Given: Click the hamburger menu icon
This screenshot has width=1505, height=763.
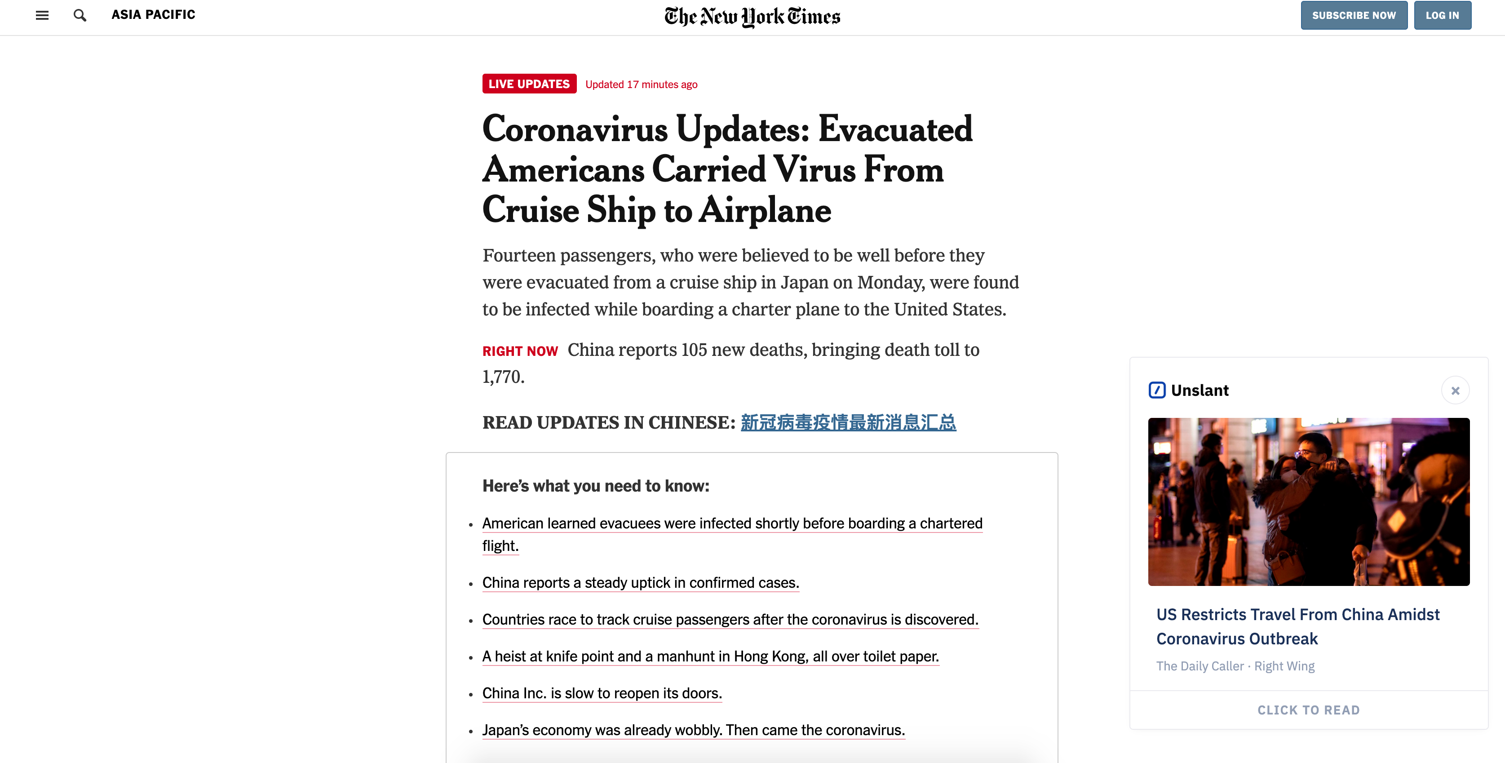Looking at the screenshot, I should [x=42, y=15].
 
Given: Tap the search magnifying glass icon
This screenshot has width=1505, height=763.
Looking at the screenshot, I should [x=80, y=15].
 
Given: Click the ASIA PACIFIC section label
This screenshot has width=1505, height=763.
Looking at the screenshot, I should [x=153, y=15].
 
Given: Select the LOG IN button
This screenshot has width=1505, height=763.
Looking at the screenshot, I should [x=1442, y=15].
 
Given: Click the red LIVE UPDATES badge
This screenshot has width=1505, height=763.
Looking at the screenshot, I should [x=529, y=84].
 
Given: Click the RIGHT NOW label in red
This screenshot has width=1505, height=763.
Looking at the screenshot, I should [x=520, y=351].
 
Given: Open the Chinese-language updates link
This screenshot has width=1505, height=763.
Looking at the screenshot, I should [x=848, y=422].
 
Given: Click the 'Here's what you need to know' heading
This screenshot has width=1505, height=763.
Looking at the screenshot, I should [x=595, y=486].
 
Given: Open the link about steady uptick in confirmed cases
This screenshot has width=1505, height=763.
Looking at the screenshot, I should [x=640, y=582].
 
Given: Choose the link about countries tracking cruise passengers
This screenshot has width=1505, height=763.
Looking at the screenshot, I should [x=730, y=619].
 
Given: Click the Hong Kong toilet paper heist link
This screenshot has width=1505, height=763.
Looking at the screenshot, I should [x=710, y=656].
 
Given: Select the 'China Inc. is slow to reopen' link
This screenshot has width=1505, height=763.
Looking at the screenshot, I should [x=602, y=693].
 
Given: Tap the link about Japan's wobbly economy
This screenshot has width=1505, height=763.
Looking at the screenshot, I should [x=693, y=730].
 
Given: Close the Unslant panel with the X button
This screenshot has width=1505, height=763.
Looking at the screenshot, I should [x=1455, y=390].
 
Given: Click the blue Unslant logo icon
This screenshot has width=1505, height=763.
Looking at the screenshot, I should [x=1157, y=390].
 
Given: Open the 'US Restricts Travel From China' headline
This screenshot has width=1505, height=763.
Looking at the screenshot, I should [x=1297, y=626].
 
